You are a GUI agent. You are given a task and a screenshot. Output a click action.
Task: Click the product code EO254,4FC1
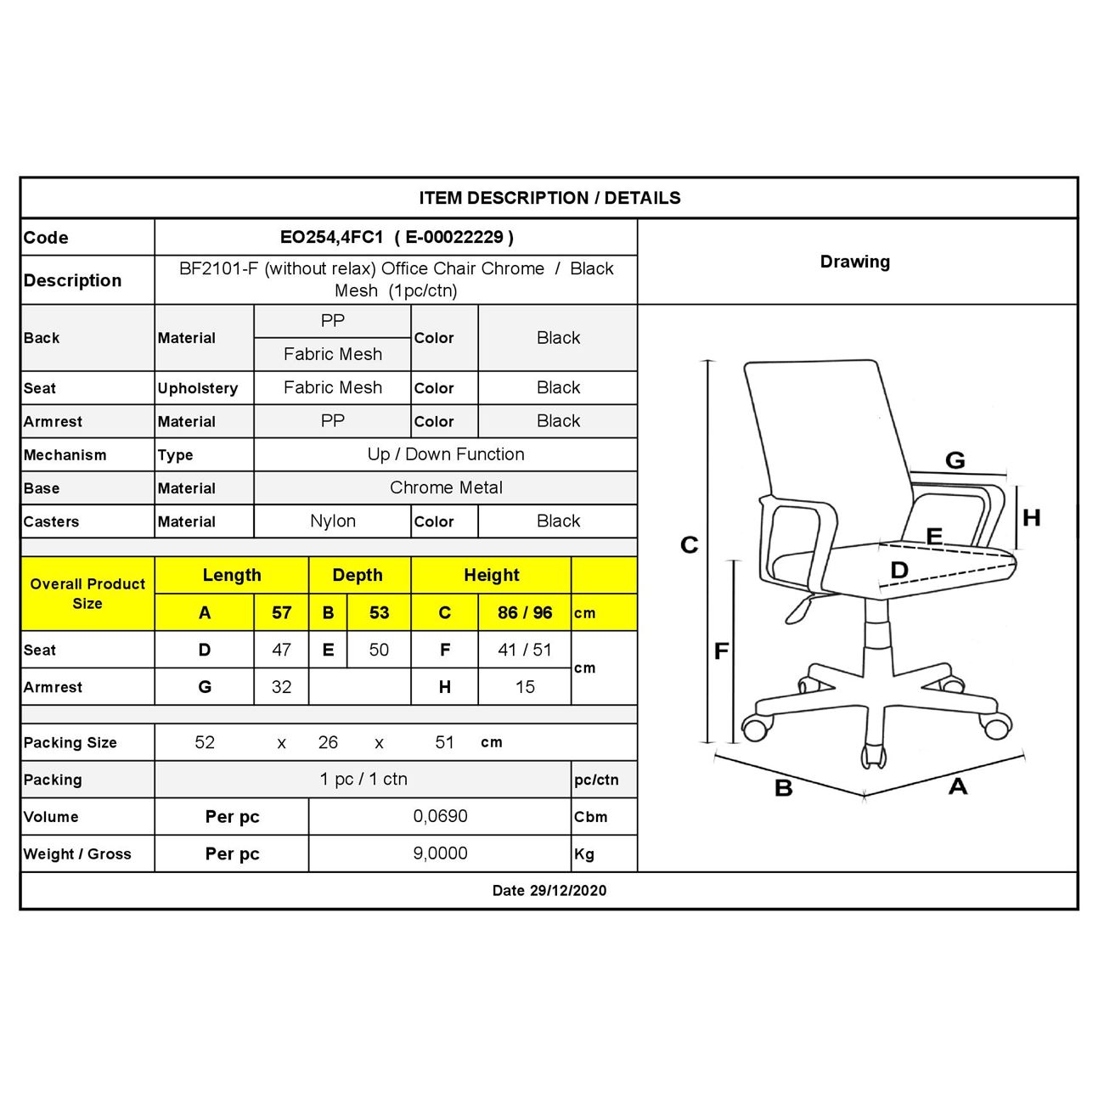(x=332, y=238)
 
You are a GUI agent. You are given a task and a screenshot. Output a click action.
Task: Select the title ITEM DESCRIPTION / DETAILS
(x=549, y=198)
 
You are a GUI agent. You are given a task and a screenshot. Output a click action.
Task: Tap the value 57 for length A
(x=281, y=612)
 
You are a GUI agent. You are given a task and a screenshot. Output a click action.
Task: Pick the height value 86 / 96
(x=525, y=612)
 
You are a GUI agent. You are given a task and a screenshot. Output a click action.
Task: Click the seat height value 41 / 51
(x=525, y=650)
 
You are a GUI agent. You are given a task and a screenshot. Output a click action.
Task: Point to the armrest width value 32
(x=281, y=687)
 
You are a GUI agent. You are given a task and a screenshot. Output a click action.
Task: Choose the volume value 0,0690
(x=440, y=816)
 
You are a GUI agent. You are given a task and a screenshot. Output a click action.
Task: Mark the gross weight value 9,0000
(x=440, y=853)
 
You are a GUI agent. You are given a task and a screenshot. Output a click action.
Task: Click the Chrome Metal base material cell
(x=446, y=487)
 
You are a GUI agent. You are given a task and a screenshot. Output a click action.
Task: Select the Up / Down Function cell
(x=446, y=454)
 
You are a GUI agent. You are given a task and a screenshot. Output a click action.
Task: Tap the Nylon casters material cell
(x=333, y=521)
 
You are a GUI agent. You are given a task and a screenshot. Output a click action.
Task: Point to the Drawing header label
(x=855, y=262)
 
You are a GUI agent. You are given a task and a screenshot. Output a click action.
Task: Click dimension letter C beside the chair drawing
(x=690, y=544)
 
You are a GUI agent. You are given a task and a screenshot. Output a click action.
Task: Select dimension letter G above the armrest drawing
(x=955, y=460)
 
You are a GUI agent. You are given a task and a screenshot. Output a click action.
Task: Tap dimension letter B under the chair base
(x=784, y=788)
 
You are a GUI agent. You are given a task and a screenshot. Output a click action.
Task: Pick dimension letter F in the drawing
(x=721, y=651)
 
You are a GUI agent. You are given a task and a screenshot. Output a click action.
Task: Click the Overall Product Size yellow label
(x=87, y=594)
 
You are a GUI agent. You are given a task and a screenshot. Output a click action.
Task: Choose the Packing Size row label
(x=70, y=742)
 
